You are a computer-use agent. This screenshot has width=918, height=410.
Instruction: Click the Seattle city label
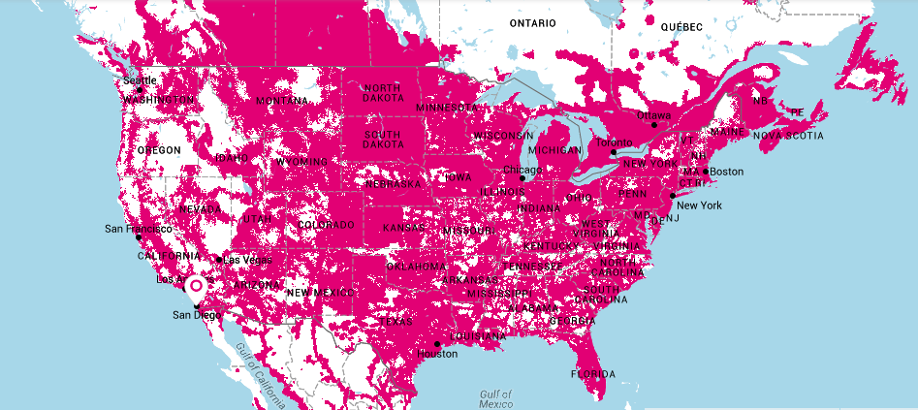point(140,80)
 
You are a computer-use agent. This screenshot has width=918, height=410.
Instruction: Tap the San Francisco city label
point(139,230)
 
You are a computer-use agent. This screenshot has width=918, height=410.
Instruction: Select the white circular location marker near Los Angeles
point(196,286)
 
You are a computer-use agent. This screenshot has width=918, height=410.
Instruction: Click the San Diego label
point(197,315)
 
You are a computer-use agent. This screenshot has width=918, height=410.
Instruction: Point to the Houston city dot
point(437,344)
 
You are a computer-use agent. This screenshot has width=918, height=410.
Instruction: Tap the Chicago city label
point(522,170)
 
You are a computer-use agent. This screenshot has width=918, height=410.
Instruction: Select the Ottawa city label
point(653,115)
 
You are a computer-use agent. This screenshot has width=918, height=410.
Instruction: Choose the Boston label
point(727,172)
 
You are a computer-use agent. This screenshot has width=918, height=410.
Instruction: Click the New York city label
point(699,205)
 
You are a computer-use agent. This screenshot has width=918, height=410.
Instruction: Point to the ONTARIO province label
point(534,22)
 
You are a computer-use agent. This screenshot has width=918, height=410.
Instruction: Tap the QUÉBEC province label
point(681,28)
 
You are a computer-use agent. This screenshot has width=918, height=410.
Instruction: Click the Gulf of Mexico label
point(496,398)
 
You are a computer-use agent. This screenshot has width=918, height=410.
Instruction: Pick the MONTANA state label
point(282,101)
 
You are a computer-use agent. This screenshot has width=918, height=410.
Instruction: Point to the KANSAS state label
point(403,228)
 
